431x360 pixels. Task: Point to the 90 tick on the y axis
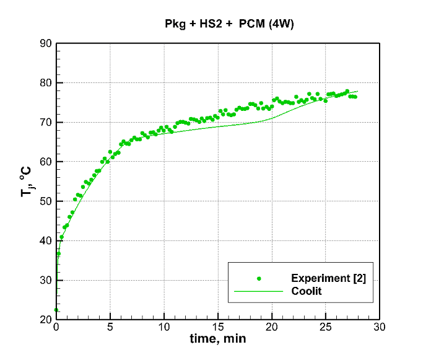pyautogui.click(x=46, y=43)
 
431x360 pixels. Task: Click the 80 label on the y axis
pyautogui.click(x=46, y=83)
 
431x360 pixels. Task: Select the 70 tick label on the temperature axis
pyautogui.click(x=46, y=123)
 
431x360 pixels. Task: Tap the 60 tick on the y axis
pyautogui.click(x=46, y=162)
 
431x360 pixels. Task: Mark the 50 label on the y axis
pyautogui.click(x=46, y=201)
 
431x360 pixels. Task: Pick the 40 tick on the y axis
pyautogui.click(x=46, y=241)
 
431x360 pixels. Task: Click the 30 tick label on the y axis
pyautogui.click(x=46, y=281)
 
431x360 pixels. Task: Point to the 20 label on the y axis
pyautogui.click(x=46, y=320)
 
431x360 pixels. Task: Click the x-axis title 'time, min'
pyautogui.click(x=219, y=340)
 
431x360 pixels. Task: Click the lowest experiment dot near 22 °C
pyautogui.click(x=56, y=310)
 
